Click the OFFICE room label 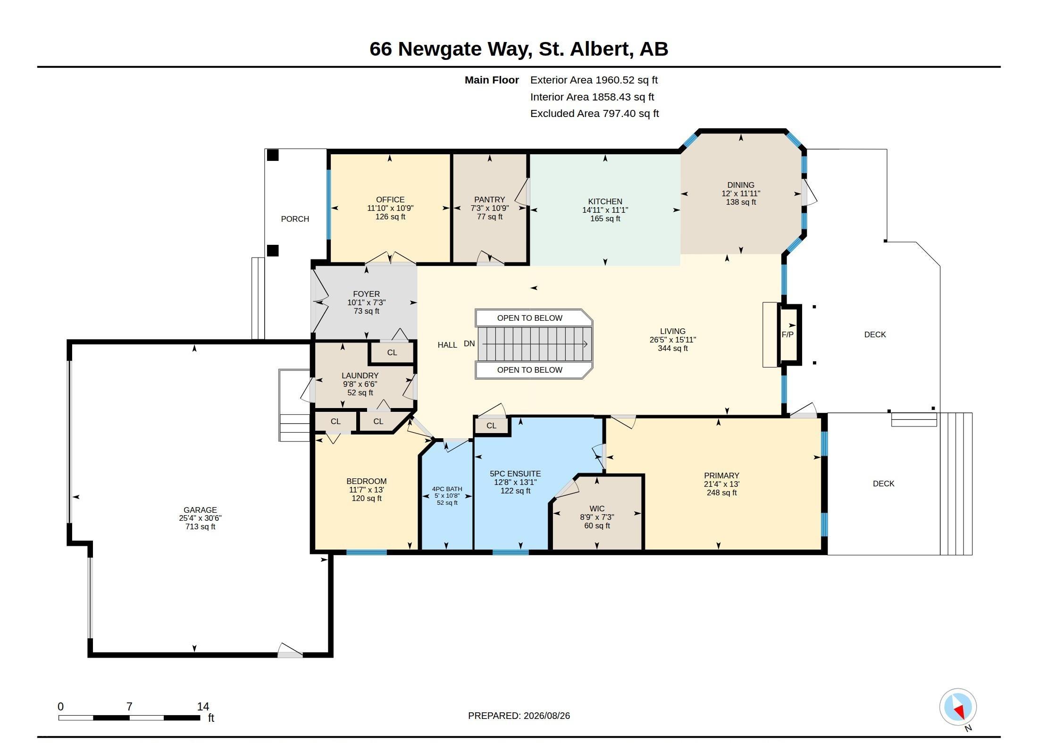click(390, 200)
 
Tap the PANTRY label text click(490, 200)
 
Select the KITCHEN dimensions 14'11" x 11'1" click(605, 210)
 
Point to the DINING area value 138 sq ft click(741, 202)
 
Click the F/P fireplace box click(789, 334)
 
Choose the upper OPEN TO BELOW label click(530, 318)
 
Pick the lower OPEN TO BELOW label click(530, 370)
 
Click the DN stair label click(469, 343)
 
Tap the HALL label click(447, 345)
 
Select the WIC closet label click(597, 509)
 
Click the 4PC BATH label click(447, 489)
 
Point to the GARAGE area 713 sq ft click(200, 526)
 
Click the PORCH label click(295, 219)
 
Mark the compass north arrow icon click(958, 707)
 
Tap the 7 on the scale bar click(129, 707)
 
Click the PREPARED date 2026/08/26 click(546, 716)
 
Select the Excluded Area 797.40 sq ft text click(594, 114)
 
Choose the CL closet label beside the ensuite click(491, 426)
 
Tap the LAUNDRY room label click(360, 376)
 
